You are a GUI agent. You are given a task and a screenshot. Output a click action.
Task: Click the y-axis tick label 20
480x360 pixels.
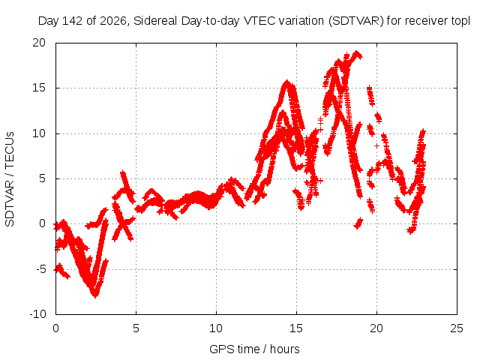(39, 43)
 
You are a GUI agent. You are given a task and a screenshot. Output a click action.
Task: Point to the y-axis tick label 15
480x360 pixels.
(39, 88)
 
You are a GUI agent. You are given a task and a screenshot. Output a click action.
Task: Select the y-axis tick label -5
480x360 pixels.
(40, 269)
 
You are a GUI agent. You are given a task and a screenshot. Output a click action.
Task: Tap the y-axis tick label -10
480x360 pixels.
(37, 314)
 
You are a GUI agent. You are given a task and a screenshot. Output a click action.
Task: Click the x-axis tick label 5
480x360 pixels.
(136, 328)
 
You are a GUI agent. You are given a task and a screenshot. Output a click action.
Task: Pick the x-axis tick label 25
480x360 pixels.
(457, 328)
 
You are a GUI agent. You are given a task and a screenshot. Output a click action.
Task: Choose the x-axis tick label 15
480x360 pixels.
(296, 328)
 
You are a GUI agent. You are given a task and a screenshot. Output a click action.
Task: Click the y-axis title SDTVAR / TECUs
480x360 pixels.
(10, 179)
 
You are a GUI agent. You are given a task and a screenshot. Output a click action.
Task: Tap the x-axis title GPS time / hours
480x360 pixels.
(254, 349)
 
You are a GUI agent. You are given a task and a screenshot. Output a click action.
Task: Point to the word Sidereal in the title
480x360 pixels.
(155, 21)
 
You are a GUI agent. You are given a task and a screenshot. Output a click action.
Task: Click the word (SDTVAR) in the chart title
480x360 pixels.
(355, 21)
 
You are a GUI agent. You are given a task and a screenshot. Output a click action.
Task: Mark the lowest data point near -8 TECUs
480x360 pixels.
(95, 295)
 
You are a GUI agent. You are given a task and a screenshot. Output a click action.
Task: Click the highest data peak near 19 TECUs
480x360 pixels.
(356, 52)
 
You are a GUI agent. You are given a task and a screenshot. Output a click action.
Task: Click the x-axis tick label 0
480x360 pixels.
(55, 328)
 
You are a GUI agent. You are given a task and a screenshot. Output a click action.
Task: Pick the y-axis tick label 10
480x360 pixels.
(39, 133)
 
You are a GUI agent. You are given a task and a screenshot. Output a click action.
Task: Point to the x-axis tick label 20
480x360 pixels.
(376, 328)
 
